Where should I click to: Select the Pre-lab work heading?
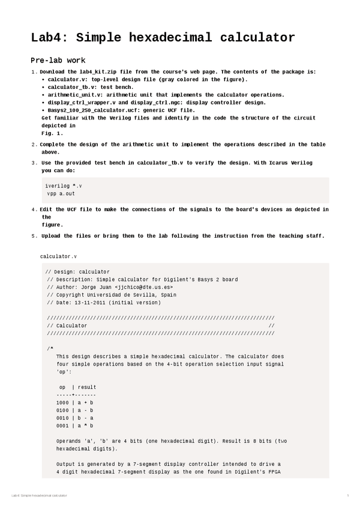[x=58, y=60]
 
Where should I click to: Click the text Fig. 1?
[x=52, y=133]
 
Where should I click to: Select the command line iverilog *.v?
[x=64, y=186]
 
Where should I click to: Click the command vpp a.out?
[x=61, y=194]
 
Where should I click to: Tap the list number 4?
[x=34, y=209]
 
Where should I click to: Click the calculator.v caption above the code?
[x=58, y=256]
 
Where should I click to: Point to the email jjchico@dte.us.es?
[x=140, y=288]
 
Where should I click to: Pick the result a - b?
[x=85, y=411]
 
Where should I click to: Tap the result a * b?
[x=85, y=426]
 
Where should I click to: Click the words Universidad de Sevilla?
[x=130, y=295]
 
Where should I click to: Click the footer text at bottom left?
[x=39, y=495]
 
